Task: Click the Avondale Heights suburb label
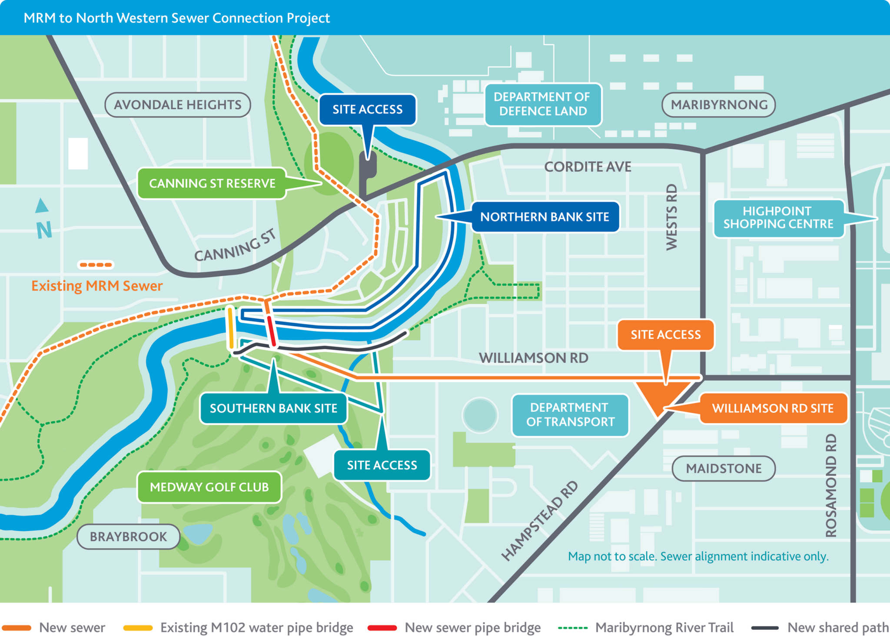[177, 105]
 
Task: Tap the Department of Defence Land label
[543, 104]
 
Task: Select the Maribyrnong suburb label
[718, 105]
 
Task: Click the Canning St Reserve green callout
[212, 183]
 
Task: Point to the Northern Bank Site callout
[545, 217]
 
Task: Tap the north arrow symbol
[42, 206]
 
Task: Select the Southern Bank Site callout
[273, 408]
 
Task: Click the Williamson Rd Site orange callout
[772, 408]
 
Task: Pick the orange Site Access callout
[665, 334]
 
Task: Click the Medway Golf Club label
[209, 487]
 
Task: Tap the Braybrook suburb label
[128, 537]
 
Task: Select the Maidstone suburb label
[724, 469]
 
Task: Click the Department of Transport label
[570, 415]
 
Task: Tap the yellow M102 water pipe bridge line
[231, 328]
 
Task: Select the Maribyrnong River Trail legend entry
[664, 628]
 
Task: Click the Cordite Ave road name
[588, 167]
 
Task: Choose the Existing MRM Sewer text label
[97, 286]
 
